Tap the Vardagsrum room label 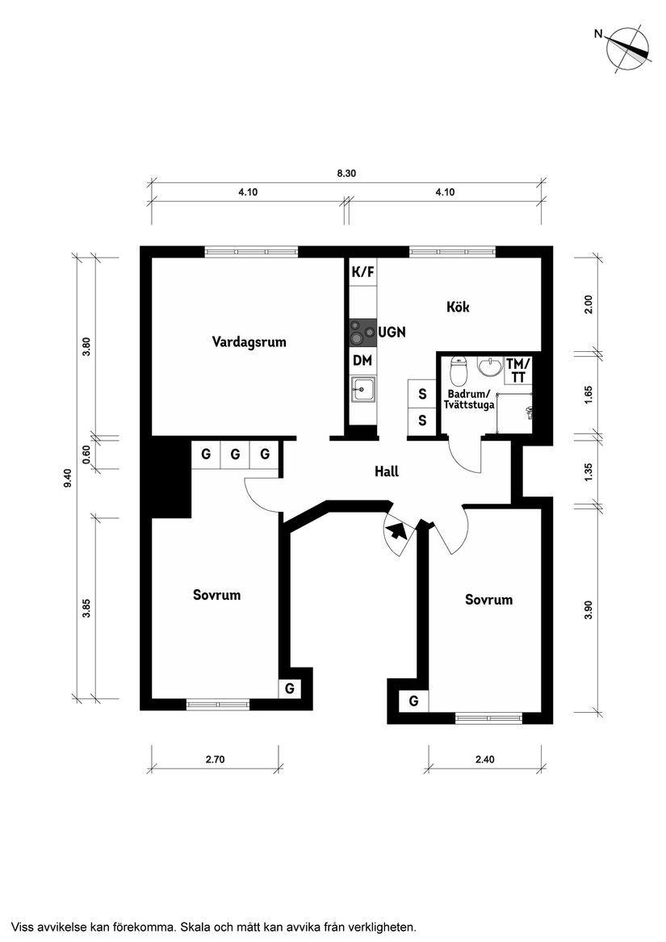click(249, 341)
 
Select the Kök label click(458, 307)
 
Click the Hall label click(387, 471)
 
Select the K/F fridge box click(362, 272)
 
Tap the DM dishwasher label click(362, 360)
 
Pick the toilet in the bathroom click(459, 372)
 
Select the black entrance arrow click(396, 531)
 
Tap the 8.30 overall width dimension click(346, 174)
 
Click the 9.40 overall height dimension click(69, 477)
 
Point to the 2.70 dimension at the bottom click(215, 759)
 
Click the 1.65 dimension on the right click(589, 395)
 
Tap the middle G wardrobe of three click(235, 454)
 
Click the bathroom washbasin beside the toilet click(488, 368)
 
